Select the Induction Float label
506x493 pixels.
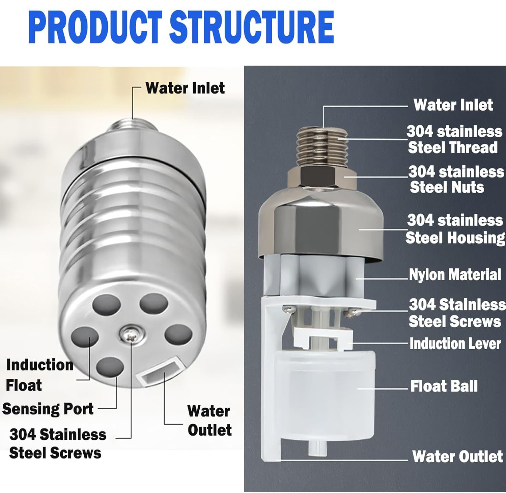[x=39, y=375]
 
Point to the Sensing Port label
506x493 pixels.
[x=48, y=409]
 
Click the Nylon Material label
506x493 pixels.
[x=455, y=275]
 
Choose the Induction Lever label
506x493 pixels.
[x=455, y=344]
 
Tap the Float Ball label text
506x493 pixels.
[x=444, y=386]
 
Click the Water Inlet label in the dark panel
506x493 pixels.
[x=453, y=105]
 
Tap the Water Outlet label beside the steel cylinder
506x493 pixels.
[x=209, y=420]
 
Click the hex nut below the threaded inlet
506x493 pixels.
[x=322, y=177]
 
